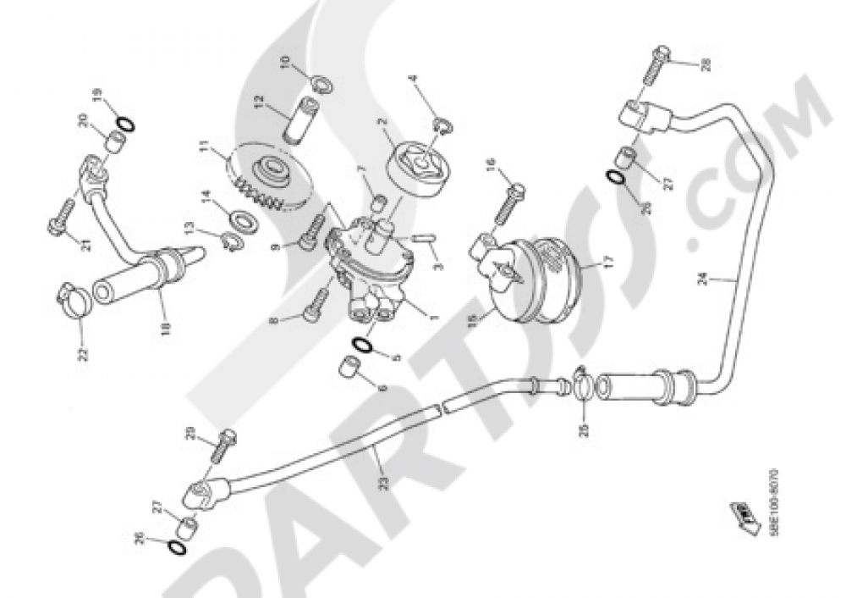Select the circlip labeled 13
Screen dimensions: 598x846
point(231,242)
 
